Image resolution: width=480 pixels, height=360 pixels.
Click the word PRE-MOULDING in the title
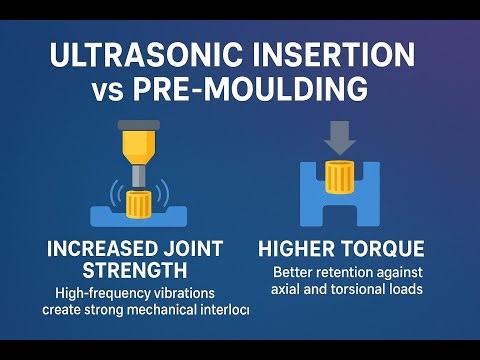click(263, 91)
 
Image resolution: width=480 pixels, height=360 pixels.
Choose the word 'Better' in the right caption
click(293, 272)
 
